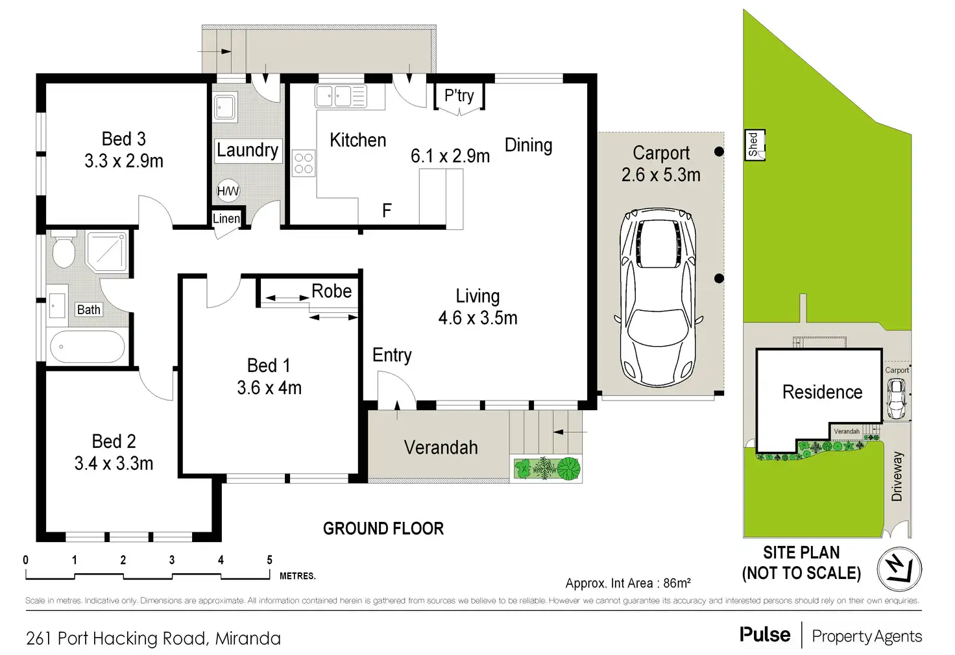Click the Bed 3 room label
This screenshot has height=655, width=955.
click(123, 139)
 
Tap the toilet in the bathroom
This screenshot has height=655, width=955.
click(64, 252)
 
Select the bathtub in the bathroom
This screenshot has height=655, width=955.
click(88, 348)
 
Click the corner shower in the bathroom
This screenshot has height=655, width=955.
click(107, 251)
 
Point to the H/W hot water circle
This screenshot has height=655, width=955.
click(228, 191)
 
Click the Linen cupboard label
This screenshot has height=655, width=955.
click(226, 219)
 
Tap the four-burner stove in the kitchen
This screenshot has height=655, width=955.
click(304, 162)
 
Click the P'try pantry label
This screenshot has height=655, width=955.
click(459, 95)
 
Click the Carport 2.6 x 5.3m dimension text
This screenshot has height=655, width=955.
click(660, 175)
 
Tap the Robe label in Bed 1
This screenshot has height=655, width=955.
click(332, 291)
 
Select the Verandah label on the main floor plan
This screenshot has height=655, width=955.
click(441, 447)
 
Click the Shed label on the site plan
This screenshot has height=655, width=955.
click(753, 144)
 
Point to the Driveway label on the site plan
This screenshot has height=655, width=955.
click(897, 476)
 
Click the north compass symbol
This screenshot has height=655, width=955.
click(899, 569)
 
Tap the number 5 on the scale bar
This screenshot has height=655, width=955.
click(269, 560)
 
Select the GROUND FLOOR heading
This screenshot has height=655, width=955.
click(383, 528)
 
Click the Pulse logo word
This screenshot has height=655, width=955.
click(765, 635)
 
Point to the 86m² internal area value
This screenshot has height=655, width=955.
click(677, 583)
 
